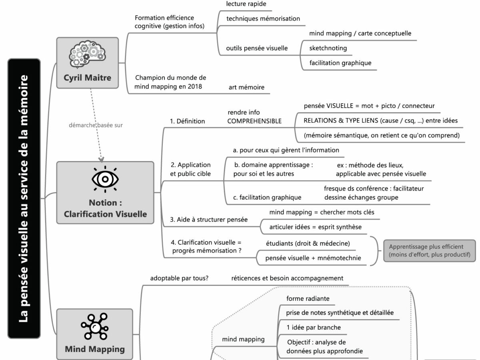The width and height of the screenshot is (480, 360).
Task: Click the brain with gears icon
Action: (x=87, y=55)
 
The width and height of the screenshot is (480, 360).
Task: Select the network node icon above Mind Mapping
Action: (x=95, y=326)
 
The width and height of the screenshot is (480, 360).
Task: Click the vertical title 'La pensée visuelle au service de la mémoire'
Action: (x=24, y=198)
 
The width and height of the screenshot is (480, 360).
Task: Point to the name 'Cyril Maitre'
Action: (x=87, y=78)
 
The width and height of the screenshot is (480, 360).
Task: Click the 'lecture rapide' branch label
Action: (x=246, y=4)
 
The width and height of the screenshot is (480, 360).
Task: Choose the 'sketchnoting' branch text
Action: (x=328, y=48)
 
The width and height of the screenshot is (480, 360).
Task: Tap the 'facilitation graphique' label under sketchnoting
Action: (x=340, y=63)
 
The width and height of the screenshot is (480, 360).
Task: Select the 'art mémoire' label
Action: (x=246, y=87)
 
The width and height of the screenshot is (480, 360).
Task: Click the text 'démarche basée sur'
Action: (x=96, y=125)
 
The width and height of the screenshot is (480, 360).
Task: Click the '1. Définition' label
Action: (x=188, y=121)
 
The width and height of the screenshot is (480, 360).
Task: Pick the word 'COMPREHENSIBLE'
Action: (x=254, y=121)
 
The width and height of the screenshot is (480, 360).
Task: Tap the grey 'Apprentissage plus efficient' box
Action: (x=430, y=251)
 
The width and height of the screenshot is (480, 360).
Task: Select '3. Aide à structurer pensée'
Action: (x=209, y=220)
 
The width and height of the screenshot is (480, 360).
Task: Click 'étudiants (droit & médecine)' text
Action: (x=308, y=243)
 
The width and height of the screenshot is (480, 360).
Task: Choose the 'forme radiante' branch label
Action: (x=308, y=298)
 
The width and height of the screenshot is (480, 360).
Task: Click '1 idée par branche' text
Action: (x=314, y=328)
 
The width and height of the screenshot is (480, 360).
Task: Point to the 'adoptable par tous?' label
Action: (x=179, y=278)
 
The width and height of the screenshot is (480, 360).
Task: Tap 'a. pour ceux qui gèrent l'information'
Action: (x=286, y=150)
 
